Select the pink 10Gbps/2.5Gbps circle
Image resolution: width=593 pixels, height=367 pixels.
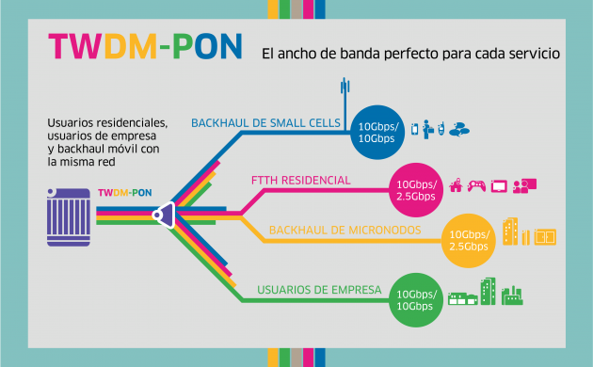pos(415,188)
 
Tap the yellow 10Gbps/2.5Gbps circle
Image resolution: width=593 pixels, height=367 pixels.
pos(468,240)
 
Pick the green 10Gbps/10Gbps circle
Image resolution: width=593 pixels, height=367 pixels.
pos(414,299)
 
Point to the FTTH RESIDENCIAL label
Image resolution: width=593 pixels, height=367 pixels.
pos(300,180)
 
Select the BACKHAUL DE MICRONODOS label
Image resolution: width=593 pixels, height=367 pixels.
pos(327,230)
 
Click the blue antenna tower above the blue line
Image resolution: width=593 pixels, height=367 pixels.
pos(344,94)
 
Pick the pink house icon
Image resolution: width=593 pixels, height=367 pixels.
pos(457,185)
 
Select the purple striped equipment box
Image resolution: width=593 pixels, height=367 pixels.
pos(69,215)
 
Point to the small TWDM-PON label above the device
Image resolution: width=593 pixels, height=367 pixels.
pos(124,193)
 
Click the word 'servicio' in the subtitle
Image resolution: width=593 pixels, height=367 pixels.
pos(531,55)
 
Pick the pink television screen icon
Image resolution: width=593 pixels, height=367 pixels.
pos(499,185)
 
